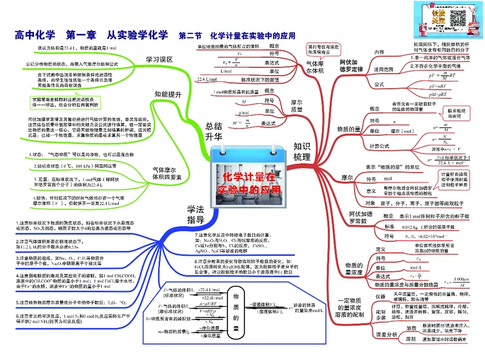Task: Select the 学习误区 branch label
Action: tap(159, 59)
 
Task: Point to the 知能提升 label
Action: tap(168, 94)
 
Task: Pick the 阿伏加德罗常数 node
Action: tap(361, 219)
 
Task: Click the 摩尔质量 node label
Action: tap(296, 107)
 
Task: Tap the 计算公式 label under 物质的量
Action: tap(380, 145)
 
